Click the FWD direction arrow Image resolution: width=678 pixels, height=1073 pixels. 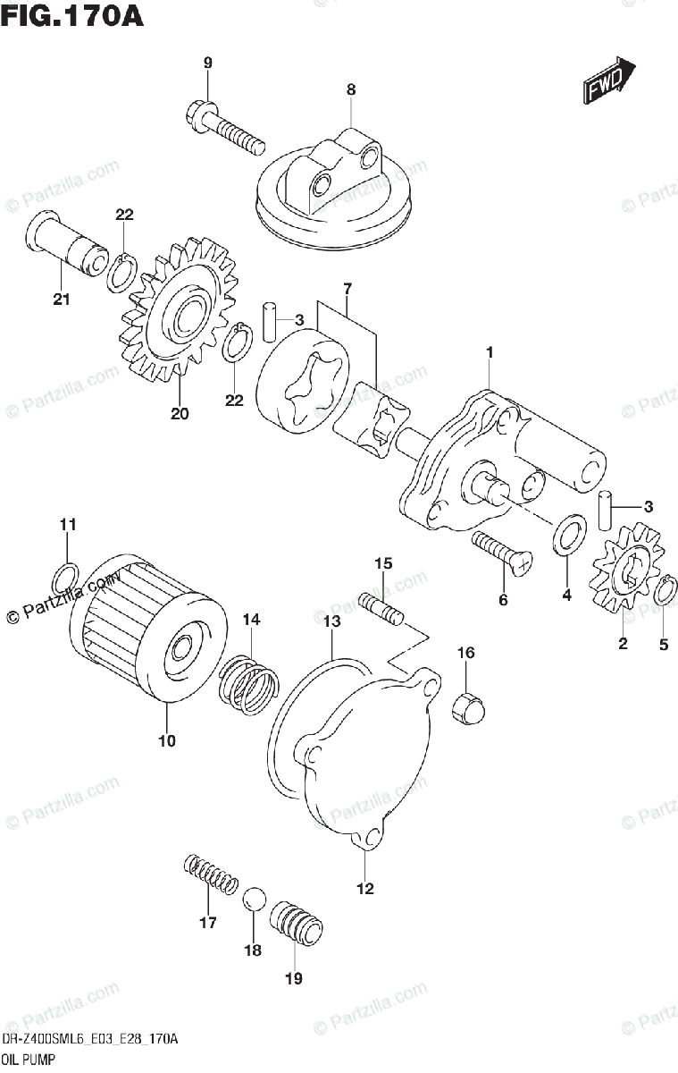click(609, 82)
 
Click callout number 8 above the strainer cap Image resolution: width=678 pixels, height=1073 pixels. click(351, 89)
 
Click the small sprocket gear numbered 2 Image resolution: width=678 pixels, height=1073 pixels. click(625, 580)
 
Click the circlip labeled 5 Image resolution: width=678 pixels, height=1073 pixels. click(664, 592)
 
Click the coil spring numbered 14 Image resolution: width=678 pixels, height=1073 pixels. click(249, 684)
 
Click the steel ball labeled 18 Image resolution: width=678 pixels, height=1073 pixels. click(254, 899)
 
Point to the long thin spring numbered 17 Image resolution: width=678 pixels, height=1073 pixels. click(212, 874)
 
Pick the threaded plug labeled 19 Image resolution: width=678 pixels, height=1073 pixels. click(295, 922)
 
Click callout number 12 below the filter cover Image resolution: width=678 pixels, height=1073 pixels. click(365, 889)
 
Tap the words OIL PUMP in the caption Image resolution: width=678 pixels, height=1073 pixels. click(28, 1060)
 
